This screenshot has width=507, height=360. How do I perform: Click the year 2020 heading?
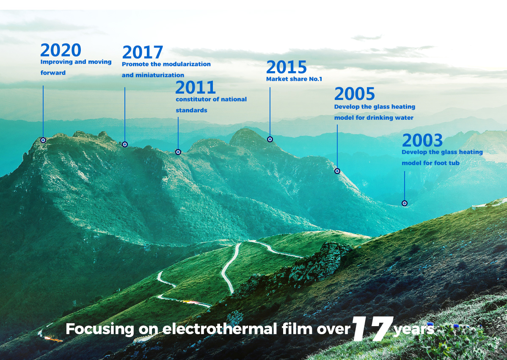(61, 50)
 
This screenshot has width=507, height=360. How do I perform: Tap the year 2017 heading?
(143, 53)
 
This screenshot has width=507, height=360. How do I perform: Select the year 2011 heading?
(195, 87)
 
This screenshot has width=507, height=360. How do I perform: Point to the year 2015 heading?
(286, 67)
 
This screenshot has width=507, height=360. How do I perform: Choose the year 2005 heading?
(354, 94)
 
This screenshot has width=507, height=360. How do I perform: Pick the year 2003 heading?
(422, 140)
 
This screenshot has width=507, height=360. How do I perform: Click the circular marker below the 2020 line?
(43, 140)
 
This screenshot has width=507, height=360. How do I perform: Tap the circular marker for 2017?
(125, 144)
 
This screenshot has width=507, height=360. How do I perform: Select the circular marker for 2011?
(178, 152)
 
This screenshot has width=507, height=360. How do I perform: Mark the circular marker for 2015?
(270, 139)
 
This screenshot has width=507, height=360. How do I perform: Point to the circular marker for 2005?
(337, 171)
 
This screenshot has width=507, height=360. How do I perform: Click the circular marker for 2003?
(405, 203)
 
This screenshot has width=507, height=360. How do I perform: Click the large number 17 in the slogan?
(372, 329)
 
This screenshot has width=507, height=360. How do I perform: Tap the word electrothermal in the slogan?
(220, 329)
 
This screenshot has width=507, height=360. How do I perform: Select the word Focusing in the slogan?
(100, 330)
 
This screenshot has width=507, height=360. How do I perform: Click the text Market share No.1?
(294, 79)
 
